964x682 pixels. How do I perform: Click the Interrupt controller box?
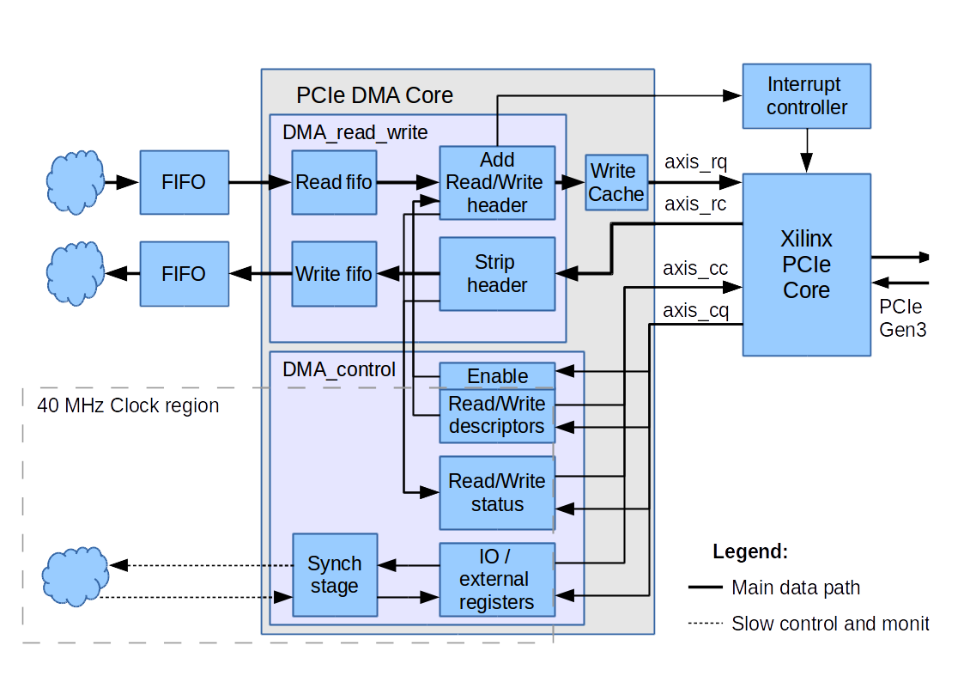click(x=806, y=96)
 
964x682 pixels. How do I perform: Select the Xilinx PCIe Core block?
click(x=806, y=265)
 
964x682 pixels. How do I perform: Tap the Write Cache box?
click(x=616, y=182)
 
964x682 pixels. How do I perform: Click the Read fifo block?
click(x=334, y=182)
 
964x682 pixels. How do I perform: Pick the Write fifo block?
click(x=334, y=274)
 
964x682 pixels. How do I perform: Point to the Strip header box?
click(x=497, y=274)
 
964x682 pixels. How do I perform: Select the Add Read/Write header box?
click(x=497, y=182)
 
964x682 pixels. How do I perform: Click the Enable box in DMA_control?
click(x=497, y=376)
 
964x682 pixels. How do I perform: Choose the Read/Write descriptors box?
click(x=497, y=415)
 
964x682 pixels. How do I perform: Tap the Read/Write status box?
click(x=497, y=492)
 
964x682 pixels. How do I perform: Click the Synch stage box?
click(x=334, y=575)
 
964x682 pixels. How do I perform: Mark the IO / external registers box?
click(x=497, y=579)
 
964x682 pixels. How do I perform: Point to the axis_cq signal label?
click(x=695, y=310)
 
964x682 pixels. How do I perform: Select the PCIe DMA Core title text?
click(x=374, y=95)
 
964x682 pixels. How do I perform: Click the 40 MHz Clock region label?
click(x=128, y=405)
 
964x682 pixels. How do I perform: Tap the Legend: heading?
click(x=749, y=552)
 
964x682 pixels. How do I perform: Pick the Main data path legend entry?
click(x=795, y=588)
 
